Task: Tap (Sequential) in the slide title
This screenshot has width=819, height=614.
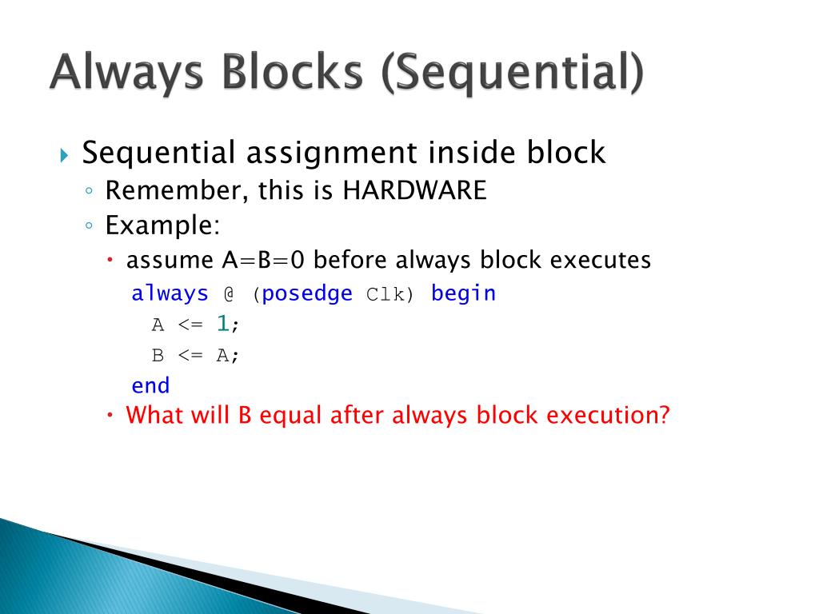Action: click(x=512, y=74)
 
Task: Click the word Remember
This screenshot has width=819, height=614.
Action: click(x=164, y=190)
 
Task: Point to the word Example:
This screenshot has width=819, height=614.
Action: click(x=162, y=225)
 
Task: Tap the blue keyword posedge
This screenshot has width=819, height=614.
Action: click(x=307, y=293)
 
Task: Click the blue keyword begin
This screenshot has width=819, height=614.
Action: click(x=463, y=293)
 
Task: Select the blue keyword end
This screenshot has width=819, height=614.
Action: click(x=150, y=386)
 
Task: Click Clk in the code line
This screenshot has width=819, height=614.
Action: click(x=387, y=294)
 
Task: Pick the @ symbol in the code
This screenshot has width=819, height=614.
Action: click(x=228, y=294)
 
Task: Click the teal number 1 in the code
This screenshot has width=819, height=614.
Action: click(x=223, y=325)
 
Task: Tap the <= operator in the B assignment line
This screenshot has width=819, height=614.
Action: click(x=190, y=356)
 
